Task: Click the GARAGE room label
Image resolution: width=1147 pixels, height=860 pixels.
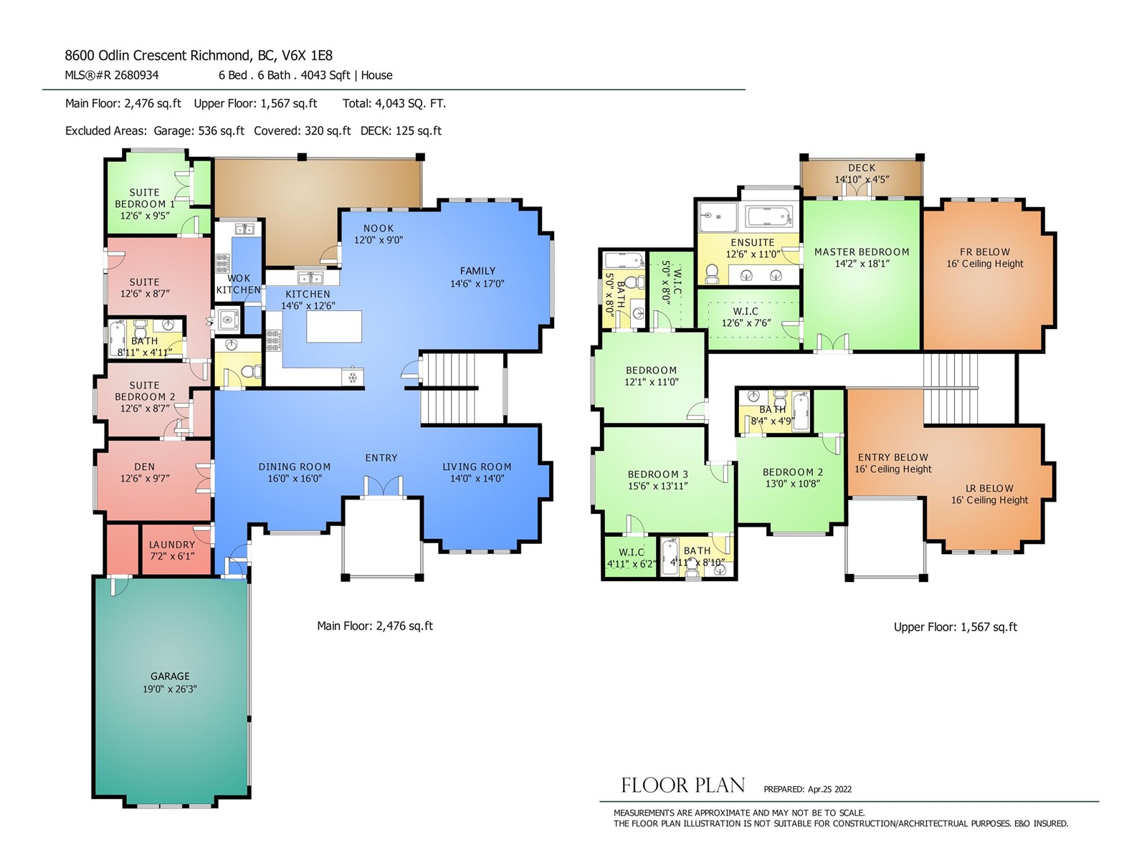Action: [170, 677]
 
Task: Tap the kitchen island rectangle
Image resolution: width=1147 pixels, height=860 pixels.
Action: [334, 326]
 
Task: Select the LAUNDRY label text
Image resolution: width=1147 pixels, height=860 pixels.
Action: [172, 545]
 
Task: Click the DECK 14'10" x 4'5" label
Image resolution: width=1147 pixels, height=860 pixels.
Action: [862, 173]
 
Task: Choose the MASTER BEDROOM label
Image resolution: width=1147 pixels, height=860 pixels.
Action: [862, 252]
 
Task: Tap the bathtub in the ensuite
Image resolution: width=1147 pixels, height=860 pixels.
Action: [769, 216]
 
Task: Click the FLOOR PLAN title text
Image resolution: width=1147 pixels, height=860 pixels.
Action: [682, 785]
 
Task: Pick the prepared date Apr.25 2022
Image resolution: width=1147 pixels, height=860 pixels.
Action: [829, 789]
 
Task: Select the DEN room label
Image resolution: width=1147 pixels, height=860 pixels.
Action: [144, 467]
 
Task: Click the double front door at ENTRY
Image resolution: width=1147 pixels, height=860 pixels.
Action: [383, 486]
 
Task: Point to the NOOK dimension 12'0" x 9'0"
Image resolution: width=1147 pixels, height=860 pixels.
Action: [379, 240]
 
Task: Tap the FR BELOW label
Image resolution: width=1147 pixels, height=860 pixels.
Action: [984, 252]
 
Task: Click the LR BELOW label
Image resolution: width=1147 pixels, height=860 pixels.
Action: [989, 488]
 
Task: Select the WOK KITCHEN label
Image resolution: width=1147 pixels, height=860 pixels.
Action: [239, 284]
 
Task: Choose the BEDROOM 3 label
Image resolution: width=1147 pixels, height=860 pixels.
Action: [657, 474]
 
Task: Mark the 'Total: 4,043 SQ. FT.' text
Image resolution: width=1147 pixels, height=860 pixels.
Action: [394, 103]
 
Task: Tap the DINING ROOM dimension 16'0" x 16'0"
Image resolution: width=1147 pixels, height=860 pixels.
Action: [295, 478]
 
